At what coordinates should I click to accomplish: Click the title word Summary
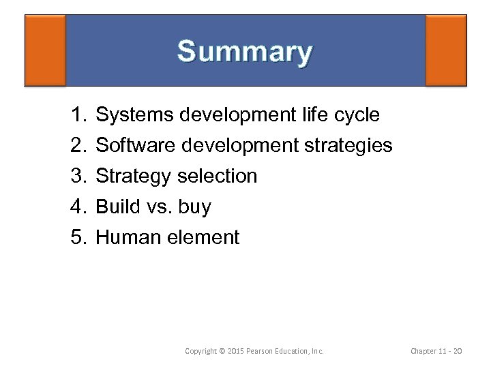coord(245,52)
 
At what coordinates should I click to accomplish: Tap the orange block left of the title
coord(45,50)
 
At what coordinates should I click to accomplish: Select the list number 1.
coord(77,115)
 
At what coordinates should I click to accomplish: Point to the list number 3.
coord(77,177)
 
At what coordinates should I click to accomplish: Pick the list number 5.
coord(77,238)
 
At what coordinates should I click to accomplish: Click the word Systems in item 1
coord(134,115)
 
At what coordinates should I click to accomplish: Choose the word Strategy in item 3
coord(134,177)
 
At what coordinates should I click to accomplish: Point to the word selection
coord(217,177)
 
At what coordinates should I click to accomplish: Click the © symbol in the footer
coord(222,351)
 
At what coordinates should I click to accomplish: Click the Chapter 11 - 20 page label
coord(436,351)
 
